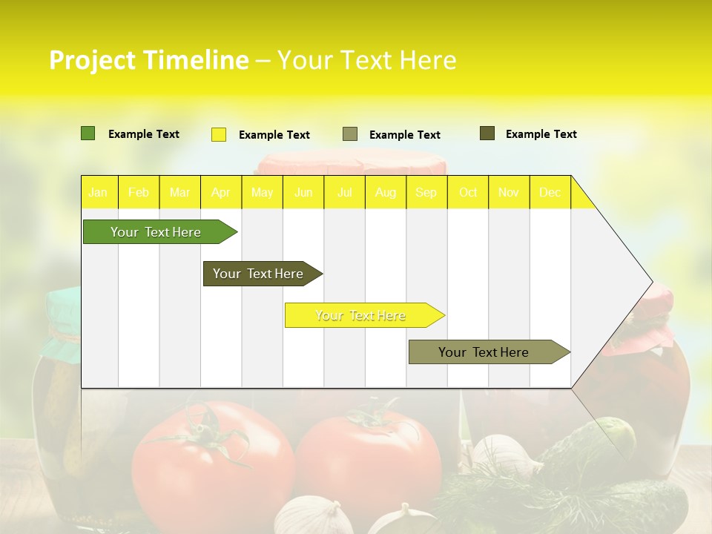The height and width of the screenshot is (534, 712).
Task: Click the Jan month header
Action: click(x=98, y=192)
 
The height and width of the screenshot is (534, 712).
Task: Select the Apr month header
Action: click(x=221, y=192)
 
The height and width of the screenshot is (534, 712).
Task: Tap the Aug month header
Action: click(x=386, y=192)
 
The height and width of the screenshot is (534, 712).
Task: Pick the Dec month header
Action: click(x=550, y=192)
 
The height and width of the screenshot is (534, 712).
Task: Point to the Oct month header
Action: click(x=468, y=192)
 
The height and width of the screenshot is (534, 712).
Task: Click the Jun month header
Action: click(x=303, y=192)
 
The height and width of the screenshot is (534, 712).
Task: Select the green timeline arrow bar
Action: click(x=156, y=232)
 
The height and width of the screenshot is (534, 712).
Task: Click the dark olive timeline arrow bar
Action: click(x=258, y=274)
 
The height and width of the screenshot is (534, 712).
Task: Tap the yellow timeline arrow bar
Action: click(x=360, y=315)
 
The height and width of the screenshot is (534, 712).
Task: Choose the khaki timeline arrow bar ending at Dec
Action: click(x=484, y=352)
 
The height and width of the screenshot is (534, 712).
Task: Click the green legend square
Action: click(x=88, y=133)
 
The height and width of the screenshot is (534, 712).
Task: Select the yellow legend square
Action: click(x=219, y=134)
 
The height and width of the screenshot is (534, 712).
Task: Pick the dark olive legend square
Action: click(x=487, y=133)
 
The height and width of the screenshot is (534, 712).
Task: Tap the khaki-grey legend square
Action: click(x=350, y=134)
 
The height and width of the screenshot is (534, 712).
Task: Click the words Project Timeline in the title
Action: click(x=148, y=60)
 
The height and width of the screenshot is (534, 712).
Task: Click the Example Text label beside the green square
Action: click(x=144, y=134)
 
